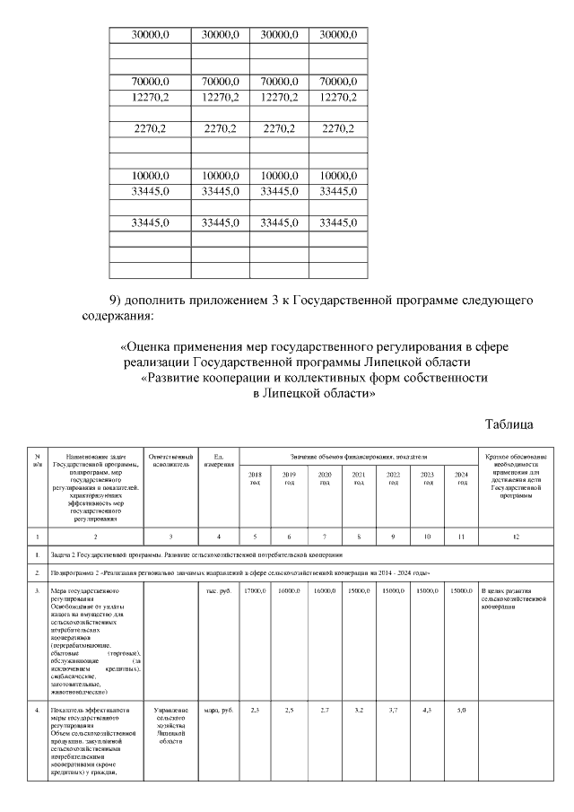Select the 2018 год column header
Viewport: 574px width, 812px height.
(x=255, y=477)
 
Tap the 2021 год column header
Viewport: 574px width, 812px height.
(x=359, y=477)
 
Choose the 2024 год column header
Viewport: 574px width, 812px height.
(x=462, y=477)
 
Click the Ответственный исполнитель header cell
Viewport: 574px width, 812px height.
(x=170, y=461)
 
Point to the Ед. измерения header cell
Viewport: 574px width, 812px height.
(x=218, y=461)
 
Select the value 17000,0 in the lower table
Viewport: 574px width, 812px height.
(x=255, y=591)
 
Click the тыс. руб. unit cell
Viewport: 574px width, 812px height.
(x=218, y=591)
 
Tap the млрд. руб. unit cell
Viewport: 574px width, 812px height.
(x=218, y=711)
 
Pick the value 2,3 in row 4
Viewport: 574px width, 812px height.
(x=255, y=711)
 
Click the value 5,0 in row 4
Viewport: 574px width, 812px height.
(x=462, y=711)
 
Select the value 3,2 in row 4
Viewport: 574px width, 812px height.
(x=359, y=711)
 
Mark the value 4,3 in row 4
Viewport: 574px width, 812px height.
(x=428, y=711)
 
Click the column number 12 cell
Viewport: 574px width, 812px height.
(x=516, y=537)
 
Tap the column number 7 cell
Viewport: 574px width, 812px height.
(x=325, y=537)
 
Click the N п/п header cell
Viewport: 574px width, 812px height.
(x=37, y=461)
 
